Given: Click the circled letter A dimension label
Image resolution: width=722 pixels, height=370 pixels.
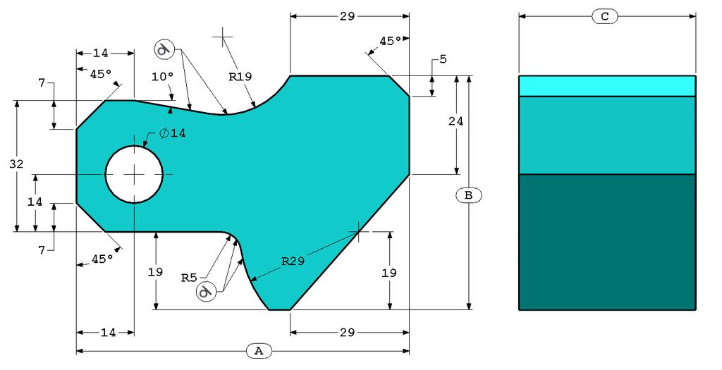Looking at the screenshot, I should point(259,350).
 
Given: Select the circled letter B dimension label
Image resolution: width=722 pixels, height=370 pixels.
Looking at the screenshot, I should point(468,195).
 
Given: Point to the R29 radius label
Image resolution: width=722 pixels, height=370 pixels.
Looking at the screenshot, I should point(293,261).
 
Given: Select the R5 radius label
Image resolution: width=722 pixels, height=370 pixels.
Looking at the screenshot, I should point(188,277).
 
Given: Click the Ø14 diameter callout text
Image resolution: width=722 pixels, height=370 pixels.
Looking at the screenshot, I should point(172,133).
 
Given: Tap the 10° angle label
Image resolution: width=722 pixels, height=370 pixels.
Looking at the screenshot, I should point(161,76).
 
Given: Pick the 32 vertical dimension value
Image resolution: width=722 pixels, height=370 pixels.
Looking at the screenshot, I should point(17,164).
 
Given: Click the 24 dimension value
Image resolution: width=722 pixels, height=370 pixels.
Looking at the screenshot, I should point(456,121).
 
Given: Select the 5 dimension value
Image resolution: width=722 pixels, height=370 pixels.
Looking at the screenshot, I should point(443,59).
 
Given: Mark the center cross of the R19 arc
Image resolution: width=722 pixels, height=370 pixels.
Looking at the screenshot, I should point(223,35).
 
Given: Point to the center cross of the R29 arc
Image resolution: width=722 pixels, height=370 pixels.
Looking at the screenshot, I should point(358,230).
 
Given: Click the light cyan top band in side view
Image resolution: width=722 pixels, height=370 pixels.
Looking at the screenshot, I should point(607,85).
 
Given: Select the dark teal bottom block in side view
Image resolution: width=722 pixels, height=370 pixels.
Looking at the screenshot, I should point(607,242).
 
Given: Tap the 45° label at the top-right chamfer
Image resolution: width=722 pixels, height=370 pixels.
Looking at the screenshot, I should point(391,42).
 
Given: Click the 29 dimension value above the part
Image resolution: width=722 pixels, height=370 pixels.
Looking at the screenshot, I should point(347,16).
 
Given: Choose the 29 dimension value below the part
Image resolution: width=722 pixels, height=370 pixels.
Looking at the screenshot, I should point(347,332).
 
